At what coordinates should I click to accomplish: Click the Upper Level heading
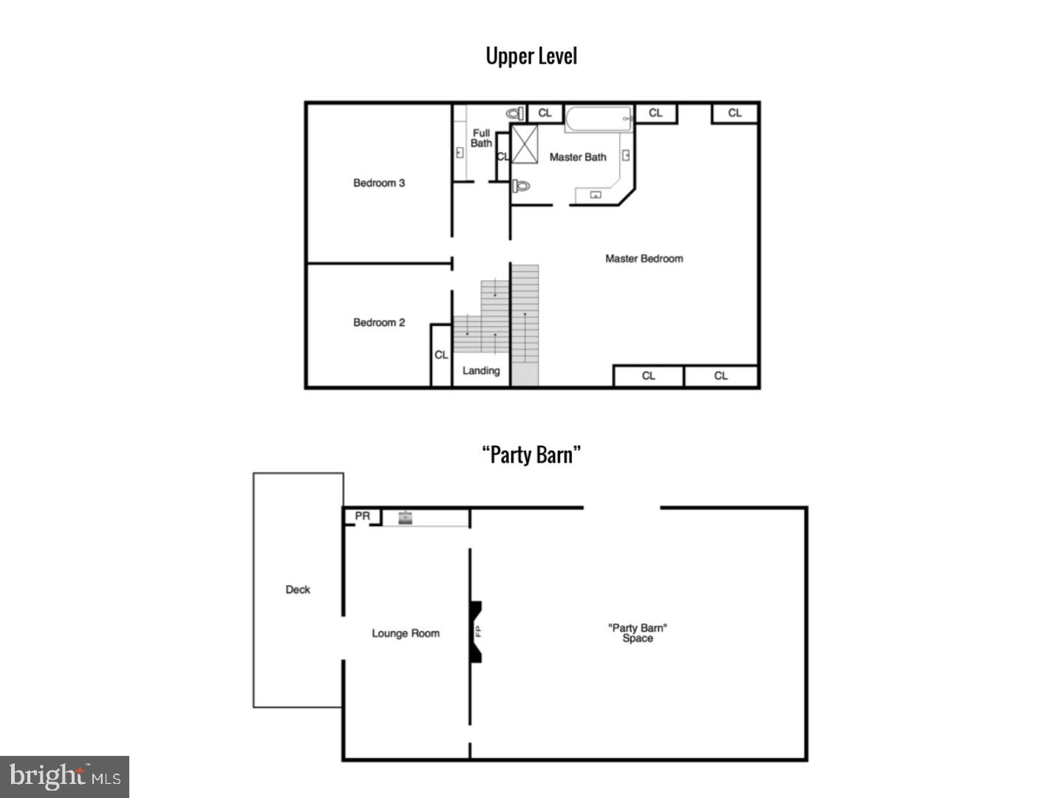click(x=531, y=56)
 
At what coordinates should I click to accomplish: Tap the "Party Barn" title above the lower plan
click(x=531, y=454)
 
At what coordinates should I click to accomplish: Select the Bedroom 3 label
click(x=378, y=183)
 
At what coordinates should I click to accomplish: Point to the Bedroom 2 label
click(x=378, y=323)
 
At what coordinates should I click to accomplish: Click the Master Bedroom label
click(x=644, y=259)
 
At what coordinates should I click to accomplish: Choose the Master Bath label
click(x=577, y=157)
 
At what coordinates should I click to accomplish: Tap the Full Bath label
click(x=481, y=138)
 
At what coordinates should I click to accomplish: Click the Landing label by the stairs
click(x=481, y=371)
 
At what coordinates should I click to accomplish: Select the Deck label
click(x=298, y=590)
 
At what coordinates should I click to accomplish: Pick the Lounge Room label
click(x=405, y=633)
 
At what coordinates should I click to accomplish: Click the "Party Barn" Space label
click(x=637, y=633)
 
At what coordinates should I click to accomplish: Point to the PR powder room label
click(x=362, y=516)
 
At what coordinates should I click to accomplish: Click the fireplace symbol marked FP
click(x=477, y=632)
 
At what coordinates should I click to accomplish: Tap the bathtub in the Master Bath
click(x=598, y=119)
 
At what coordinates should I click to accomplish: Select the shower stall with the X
click(x=525, y=144)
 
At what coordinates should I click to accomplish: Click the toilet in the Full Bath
click(x=515, y=114)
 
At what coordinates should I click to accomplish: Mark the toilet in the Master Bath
click(x=521, y=185)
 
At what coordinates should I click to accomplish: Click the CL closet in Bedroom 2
click(x=441, y=355)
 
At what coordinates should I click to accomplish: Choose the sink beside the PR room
click(x=405, y=518)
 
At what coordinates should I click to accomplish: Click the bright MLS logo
click(x=64, y=777)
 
